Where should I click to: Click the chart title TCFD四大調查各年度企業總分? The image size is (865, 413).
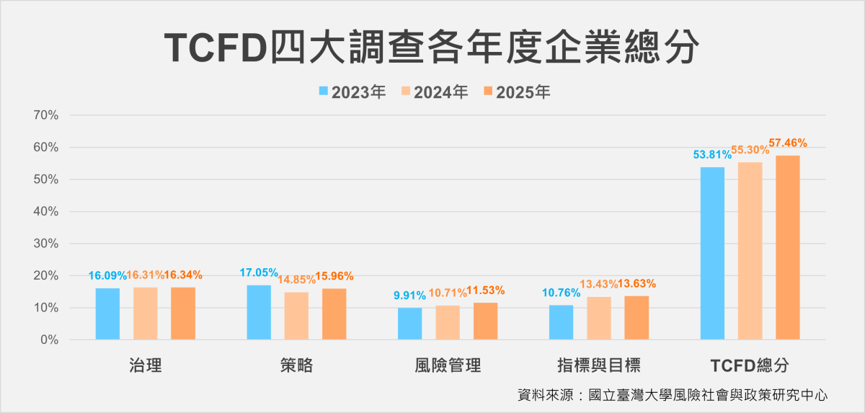coord(432,48)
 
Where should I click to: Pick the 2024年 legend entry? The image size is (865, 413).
coord(434,92)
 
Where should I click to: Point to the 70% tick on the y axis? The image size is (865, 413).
coord(45,115)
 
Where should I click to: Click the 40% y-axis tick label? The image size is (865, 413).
coord(45,212)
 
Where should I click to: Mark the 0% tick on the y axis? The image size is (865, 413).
coord(48,339)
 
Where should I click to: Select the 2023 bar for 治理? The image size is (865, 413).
coord(107,314)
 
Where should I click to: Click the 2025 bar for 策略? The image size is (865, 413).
coord(334,314)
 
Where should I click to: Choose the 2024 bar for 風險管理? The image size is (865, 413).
coord(447,322)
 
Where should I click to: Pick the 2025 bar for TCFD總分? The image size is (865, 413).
coord(787,247)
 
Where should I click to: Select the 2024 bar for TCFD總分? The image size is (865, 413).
coord(750,251)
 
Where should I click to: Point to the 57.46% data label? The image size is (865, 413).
coord(788,143)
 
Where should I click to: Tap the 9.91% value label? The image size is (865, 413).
coord(409,295)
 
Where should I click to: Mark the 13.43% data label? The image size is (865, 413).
coord(599,284)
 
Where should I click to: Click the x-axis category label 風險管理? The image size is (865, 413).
coord(448,365)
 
